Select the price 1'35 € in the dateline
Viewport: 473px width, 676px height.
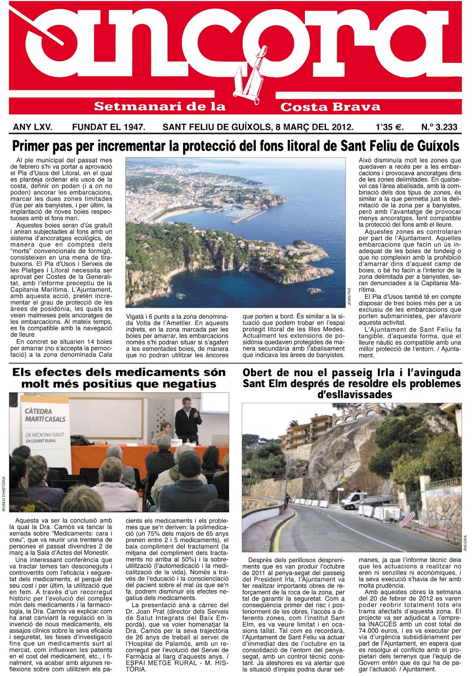click(x=389, y=127)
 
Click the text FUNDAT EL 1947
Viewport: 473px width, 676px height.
click(x=109, y=127)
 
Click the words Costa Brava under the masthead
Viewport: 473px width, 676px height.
click(x=330, y=107)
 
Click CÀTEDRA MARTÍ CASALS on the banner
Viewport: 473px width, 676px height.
click(x=45, y=415)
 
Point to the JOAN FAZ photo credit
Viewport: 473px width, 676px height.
click(x=349, y=295)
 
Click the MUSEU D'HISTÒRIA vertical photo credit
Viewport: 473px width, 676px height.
click(x=4, y=493)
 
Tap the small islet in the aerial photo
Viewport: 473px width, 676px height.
click(x=314, y=291)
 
